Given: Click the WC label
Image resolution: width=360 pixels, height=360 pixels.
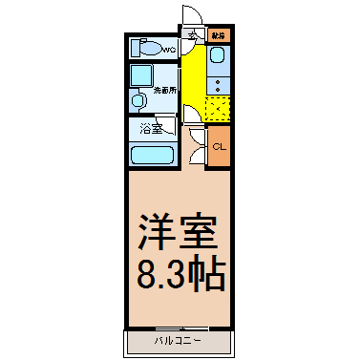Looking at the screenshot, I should click(169, 49).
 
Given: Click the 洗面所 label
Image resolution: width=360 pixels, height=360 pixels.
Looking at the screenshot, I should click(164, 92).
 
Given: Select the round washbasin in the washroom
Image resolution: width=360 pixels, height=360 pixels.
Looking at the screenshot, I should click(138, 99).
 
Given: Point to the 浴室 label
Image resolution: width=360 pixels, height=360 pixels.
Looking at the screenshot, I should click(151, 128).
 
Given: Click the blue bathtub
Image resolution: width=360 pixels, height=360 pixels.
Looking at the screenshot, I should click(151, 155).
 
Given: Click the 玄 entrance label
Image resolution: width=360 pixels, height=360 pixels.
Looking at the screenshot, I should click(192, 35).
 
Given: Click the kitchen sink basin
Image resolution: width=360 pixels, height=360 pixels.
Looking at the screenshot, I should click(218, 63).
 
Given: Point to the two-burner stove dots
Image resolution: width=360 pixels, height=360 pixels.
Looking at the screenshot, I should click(218, 86).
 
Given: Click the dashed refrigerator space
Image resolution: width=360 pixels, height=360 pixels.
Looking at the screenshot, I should click(219, 110).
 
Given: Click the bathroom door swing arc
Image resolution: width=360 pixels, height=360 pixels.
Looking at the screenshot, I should click(191, 115).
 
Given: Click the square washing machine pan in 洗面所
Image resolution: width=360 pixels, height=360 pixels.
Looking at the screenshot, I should click(142, 75).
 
